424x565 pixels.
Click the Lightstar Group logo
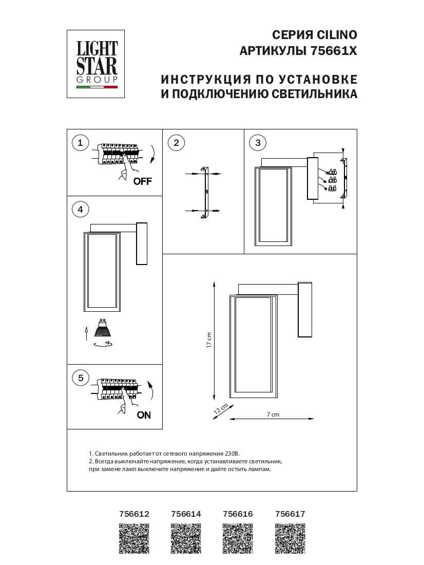tap(97, 64)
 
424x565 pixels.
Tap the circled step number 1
tap(80, 142)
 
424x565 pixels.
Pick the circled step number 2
tap(176, 142)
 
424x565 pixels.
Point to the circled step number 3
tap(258, 142)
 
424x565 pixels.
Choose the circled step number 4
tap(80, 209)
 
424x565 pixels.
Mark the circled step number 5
tap(80, 378)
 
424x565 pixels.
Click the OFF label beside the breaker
tap(142, 181)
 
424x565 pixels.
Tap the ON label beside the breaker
tap(144, 415)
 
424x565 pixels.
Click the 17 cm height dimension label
tap(209, 340)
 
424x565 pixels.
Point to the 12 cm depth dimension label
tap(221, 409)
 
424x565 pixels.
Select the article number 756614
tap(186, 514)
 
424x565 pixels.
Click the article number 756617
tap(290, 514)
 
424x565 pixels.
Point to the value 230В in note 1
tap(232, 454)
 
